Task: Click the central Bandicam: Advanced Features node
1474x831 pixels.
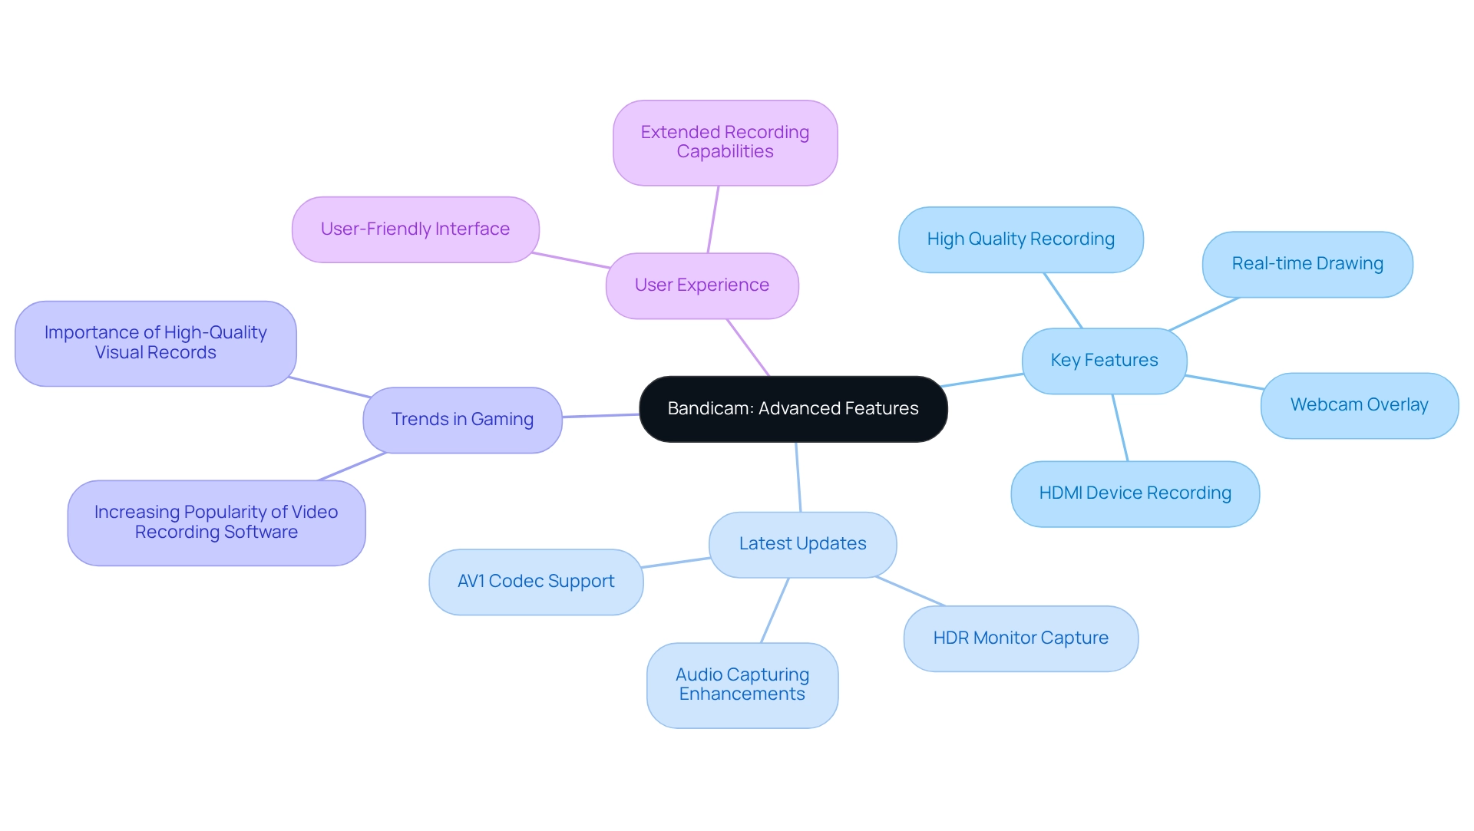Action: (x=793, y=409)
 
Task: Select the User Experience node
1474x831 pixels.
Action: (x=702, y=285)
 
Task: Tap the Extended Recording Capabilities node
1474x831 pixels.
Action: (x=725, y=143)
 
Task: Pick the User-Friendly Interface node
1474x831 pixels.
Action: (x=415, y=229)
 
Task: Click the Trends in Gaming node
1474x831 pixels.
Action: (x=462, y=420)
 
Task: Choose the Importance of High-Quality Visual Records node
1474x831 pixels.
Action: (x=156, y=343)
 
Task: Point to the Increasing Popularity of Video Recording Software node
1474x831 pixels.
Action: (x=216, y=523)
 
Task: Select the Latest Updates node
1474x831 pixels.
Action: (x=802, y=544)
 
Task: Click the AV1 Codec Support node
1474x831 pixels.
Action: (x=536, y=582)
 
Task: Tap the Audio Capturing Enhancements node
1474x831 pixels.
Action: (x=742, y=684)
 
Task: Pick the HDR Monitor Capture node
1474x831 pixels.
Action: (x=1020, y=638)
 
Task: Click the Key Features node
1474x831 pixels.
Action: (x=1104, y=361)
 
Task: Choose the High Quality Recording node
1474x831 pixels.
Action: (x=1020, y=239)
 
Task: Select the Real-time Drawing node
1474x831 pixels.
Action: (x=1307, y=264)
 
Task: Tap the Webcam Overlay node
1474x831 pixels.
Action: (x=1359, y=405)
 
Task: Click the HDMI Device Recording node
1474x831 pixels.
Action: (x=1135, y=493)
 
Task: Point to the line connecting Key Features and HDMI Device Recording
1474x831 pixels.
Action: (x=1120, y=427)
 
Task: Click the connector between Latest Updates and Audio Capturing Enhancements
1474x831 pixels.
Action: (x=775, y=610)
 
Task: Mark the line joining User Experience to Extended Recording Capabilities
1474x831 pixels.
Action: (x=713, y=219)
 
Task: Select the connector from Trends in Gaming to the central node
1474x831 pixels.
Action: (x=600, y=416)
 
